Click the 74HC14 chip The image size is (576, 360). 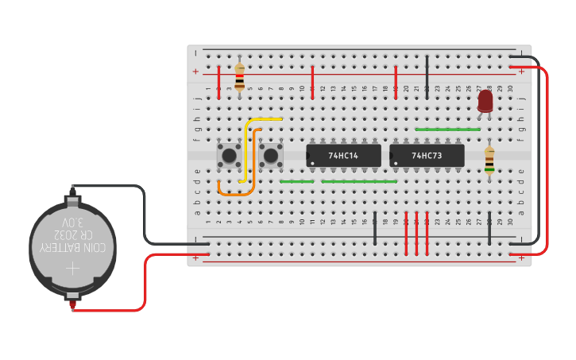[343, 156]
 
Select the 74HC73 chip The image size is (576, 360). [427, 156]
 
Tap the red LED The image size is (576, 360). [485, 101]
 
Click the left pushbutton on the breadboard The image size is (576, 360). [230, 154]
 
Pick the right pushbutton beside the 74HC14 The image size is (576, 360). [271, 154]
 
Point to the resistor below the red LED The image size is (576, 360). [489, 160]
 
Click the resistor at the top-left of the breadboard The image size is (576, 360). [239, 77]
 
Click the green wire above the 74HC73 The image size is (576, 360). [447, 129]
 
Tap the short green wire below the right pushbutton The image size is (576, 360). [296, 181]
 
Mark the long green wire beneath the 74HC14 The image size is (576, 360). [359, 181]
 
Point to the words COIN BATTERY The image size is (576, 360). [73, 248]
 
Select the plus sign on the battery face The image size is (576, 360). [72, 269]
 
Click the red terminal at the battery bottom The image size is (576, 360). [72, 300]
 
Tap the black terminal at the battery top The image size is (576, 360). [72, 191]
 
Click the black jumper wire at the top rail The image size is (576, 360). [427, 77]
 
